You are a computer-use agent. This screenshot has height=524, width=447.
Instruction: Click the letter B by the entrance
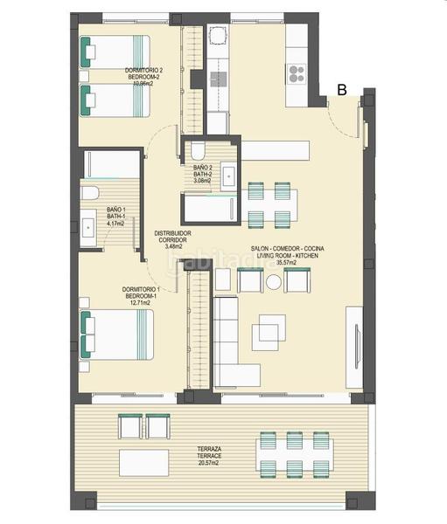coord(343,89)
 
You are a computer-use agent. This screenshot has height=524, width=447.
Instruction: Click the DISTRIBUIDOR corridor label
coord(173,233)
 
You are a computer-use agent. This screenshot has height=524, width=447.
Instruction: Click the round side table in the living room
coord(274,282)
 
